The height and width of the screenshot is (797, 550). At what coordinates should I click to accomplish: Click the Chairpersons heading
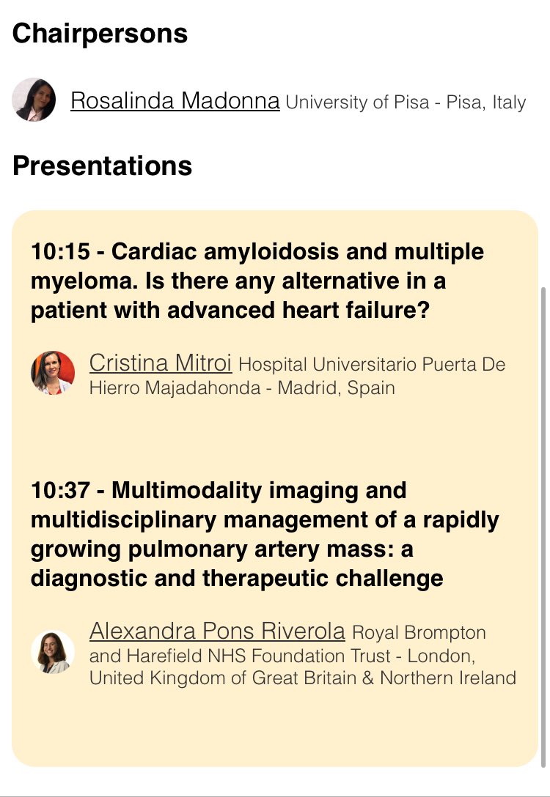point(100,34)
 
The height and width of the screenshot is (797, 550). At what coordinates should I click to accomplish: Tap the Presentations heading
point(102,166)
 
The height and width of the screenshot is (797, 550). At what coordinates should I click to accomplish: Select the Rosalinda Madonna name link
point(175,100)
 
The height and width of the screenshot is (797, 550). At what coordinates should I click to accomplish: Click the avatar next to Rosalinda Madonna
point(34,100)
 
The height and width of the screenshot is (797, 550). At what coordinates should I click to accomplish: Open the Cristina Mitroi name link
point(160,362)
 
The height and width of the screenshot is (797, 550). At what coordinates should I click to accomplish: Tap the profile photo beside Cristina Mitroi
point(53,372)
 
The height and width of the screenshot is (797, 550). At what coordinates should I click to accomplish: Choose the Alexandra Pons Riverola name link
point(216,630)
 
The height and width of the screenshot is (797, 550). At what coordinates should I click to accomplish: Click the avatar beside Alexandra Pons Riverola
point(53,652)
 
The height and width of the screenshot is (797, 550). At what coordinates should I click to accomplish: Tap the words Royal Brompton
point(419,631)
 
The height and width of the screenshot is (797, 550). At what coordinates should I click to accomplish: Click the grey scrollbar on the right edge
point(543,513)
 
